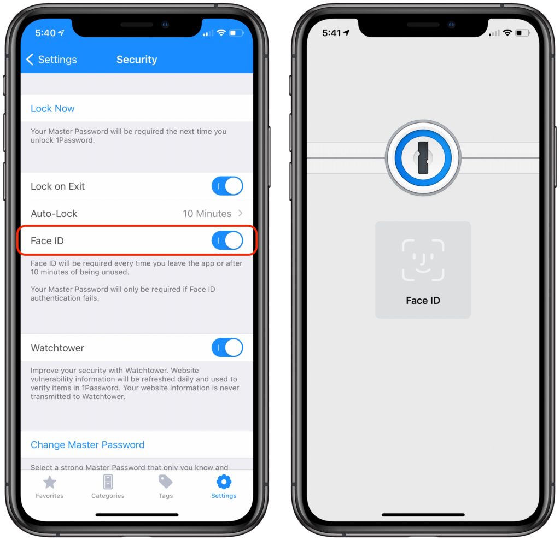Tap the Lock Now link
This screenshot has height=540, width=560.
pyautogui.click(x=52, y=109)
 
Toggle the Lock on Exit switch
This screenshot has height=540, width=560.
pyautogui.click(x=227, y=186)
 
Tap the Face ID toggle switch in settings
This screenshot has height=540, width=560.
pyautogui.click(x=227, y=240)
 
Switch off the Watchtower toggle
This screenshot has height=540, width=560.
pyautogui.click(x=227, y=348)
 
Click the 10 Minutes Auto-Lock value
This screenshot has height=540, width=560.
pyautogui.click(x=207, y=213)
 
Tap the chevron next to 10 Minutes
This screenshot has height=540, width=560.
pyautogui.click(x=241, y=213)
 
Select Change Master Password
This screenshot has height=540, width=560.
pyautogui.click(x=87, y=445)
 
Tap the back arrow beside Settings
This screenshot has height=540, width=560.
pyautogui.click(x=30, y=59)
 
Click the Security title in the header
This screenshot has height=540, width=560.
pyautogui.click(x=137, y=59)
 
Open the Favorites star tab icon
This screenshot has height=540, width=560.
pyautogui.click(x=50, y=482)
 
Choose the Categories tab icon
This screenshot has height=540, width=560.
pyautogui.click(x=108, y=482)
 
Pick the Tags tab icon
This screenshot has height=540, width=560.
pyautogui.click(x=165, y=482)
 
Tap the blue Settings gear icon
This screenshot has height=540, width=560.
pyautogui.click(x=224, y=482)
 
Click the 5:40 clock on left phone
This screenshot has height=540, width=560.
pyautogui.click(x=45, y=33)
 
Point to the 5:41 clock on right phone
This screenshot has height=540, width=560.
pyautogui.click(x=332, y=33)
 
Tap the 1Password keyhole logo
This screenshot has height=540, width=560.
pyautogui.click(x=423, y=158)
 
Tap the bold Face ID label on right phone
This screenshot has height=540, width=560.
pyautogui.click(x=423, y=301)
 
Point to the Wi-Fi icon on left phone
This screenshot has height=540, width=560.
pyautogui.click(x=221, y=33)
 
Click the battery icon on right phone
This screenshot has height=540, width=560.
pyautogui.click(x=523, y=33)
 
